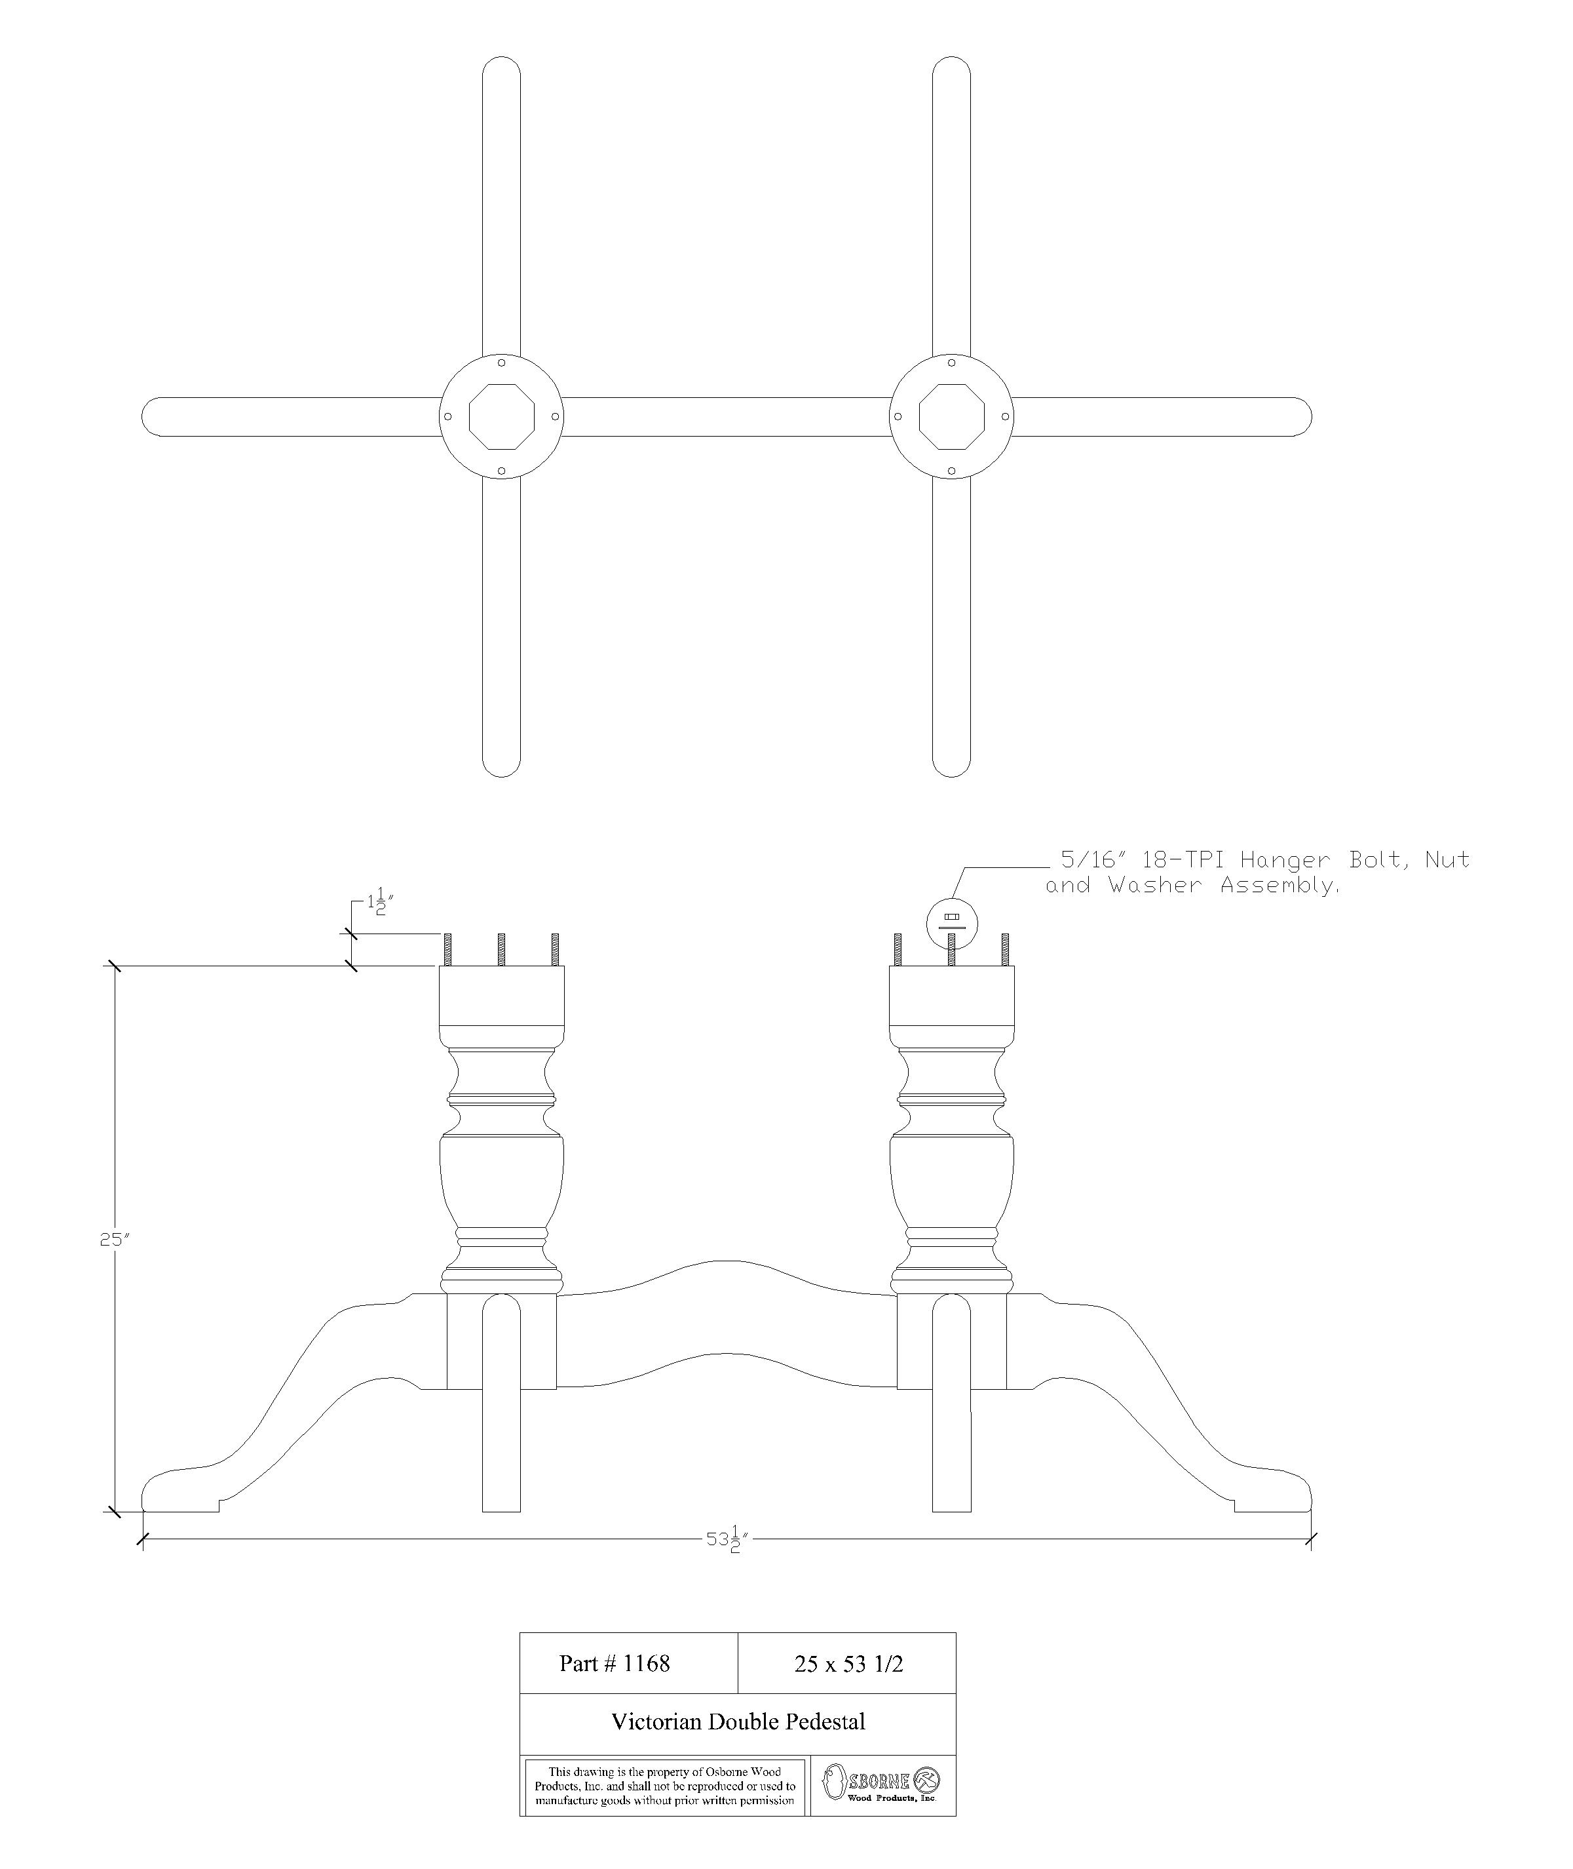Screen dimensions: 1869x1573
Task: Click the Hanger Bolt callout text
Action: [1257, 873]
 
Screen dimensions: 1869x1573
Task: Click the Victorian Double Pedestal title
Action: [738, 1721]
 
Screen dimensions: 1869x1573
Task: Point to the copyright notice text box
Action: [664, 1786]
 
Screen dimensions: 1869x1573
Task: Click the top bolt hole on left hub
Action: [501, 363]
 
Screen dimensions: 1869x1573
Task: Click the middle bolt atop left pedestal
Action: [501, 949]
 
